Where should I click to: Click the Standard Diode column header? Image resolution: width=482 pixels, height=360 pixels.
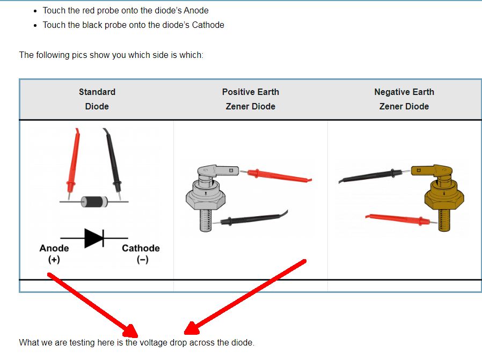97,99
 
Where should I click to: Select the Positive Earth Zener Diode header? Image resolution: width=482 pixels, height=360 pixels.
251,99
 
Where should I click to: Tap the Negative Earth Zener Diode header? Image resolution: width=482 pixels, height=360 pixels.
404,99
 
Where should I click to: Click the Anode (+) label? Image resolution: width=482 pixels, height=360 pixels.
54,253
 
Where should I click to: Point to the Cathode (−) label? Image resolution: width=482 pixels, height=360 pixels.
141,253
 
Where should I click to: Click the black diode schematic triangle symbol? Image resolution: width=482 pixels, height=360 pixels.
94,237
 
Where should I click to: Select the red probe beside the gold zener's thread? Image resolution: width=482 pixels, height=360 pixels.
397,219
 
